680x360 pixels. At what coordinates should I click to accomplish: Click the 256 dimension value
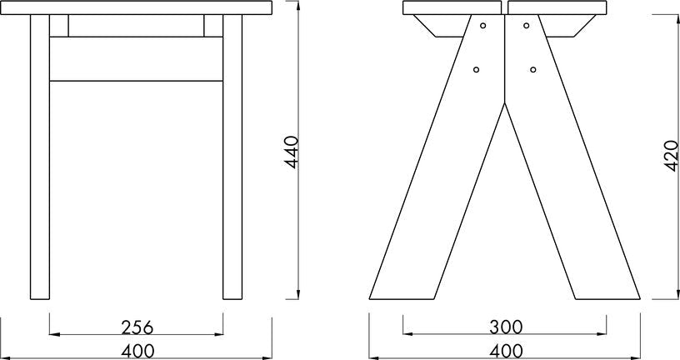pyautogui.click(x=137, y=327)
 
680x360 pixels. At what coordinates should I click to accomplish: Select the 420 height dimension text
pyautogui.click(x=672, y=156)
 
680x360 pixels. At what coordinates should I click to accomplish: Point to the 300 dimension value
pyautogui.click(x=506, y=327)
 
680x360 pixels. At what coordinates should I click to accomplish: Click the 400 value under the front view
pyautogui.click(x=137, y=352)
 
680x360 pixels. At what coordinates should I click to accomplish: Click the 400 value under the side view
pyautogui.click(x=506, y=352)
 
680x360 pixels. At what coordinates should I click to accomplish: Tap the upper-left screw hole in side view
pyautogui.click(x=482, y=26)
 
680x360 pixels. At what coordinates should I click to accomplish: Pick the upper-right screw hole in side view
pyautogui.click(x=526, y=26)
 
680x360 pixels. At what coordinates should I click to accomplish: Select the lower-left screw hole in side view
pyautogui.click(x=476, y=69)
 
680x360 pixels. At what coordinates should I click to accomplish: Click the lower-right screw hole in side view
pyautogui.click(x=533, y=69)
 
